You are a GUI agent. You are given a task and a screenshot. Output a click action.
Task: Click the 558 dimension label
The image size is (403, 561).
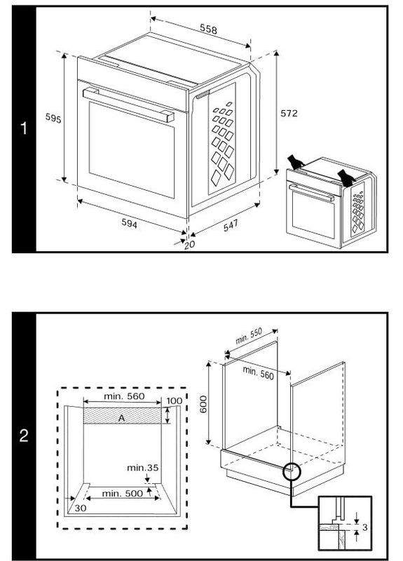click(207, 30)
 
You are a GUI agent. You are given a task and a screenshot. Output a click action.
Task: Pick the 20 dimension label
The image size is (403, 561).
click(189, 245)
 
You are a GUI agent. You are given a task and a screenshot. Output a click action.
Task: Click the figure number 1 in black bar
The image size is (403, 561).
click(24, 129)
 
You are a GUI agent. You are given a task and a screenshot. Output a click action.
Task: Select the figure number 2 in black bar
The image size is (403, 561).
click(24, 436)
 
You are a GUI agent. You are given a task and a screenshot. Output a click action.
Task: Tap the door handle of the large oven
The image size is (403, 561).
click(128, 103)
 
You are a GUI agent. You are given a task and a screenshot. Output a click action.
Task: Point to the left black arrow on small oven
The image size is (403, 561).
click(295, 161)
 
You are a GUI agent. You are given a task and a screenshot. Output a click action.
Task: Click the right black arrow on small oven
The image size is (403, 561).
click(346, 175)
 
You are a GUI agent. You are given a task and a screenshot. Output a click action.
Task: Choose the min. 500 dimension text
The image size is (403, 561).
click(123, 493)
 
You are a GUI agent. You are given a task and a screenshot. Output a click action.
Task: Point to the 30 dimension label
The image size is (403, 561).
click(80, 507)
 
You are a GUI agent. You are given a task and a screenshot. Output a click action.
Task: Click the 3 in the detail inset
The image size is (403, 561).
click(364, 525)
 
